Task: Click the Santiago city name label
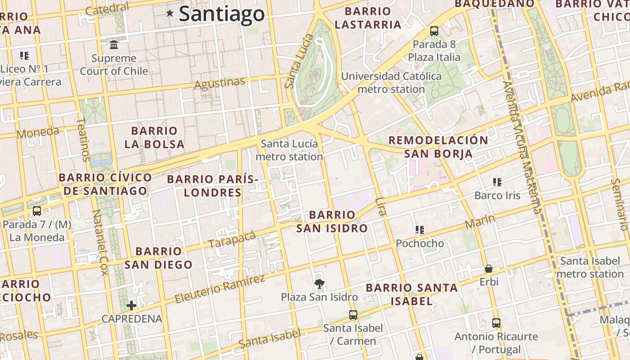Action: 222,14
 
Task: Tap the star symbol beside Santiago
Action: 170,13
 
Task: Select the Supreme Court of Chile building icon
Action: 114,45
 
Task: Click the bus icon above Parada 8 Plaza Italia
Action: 434,31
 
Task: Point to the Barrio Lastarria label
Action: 368,18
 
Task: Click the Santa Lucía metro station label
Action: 289,150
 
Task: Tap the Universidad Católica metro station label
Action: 391,82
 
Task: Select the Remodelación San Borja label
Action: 438,147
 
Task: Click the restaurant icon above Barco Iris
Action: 497,182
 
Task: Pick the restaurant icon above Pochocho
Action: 420,230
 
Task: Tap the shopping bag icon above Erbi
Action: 489,269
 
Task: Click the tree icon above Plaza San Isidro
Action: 319,283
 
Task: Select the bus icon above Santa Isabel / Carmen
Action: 353,315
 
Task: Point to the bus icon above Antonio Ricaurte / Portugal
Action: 496,323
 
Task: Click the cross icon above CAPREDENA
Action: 131,306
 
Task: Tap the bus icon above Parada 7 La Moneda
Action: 37,211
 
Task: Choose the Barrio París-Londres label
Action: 213,186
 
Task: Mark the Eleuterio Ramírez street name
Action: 220,289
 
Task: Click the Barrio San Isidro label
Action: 332,221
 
